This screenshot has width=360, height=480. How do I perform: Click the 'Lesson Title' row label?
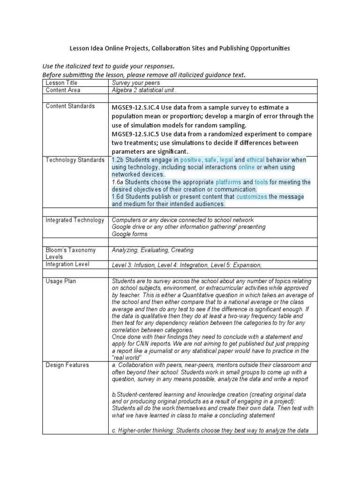62,82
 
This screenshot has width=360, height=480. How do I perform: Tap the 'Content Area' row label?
63,90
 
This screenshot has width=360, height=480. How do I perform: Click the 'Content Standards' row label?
70,106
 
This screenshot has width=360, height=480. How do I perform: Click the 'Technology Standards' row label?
75,160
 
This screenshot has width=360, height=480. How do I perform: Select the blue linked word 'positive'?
190,160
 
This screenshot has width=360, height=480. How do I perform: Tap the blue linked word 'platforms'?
228,182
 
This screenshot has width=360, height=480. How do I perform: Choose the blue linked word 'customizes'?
251,197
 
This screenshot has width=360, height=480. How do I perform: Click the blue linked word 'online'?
247,167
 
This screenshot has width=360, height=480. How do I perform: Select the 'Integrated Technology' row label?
75,220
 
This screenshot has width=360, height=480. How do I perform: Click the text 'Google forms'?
129,234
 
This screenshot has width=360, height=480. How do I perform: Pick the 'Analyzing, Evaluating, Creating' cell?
152,250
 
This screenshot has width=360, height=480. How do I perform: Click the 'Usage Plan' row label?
60,281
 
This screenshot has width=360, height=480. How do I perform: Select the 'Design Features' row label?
67,365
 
